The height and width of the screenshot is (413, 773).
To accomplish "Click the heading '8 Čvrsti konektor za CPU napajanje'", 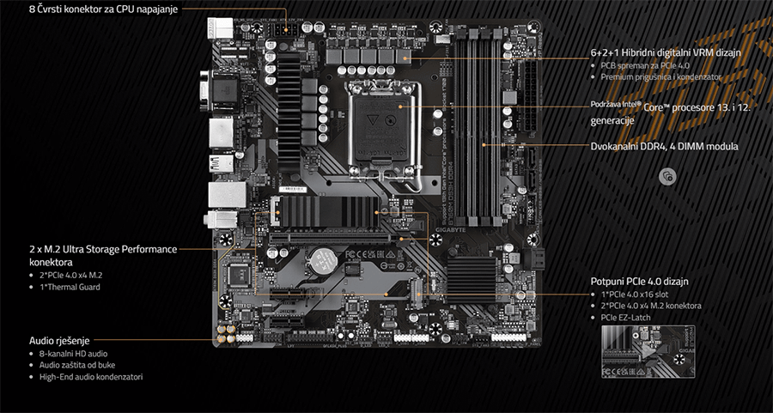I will [103, 9].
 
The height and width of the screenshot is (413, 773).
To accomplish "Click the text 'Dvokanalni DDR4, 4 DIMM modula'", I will [665, 146].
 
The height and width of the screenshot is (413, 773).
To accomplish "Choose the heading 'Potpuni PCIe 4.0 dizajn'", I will [640, 281].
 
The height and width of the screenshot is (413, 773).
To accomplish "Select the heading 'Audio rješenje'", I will [59, 340].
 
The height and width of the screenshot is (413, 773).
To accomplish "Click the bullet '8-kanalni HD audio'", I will [74, 354].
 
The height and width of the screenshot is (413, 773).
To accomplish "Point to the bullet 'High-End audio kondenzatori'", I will [91, 377].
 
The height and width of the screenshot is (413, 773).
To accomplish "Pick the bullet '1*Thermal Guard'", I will [70, 287].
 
